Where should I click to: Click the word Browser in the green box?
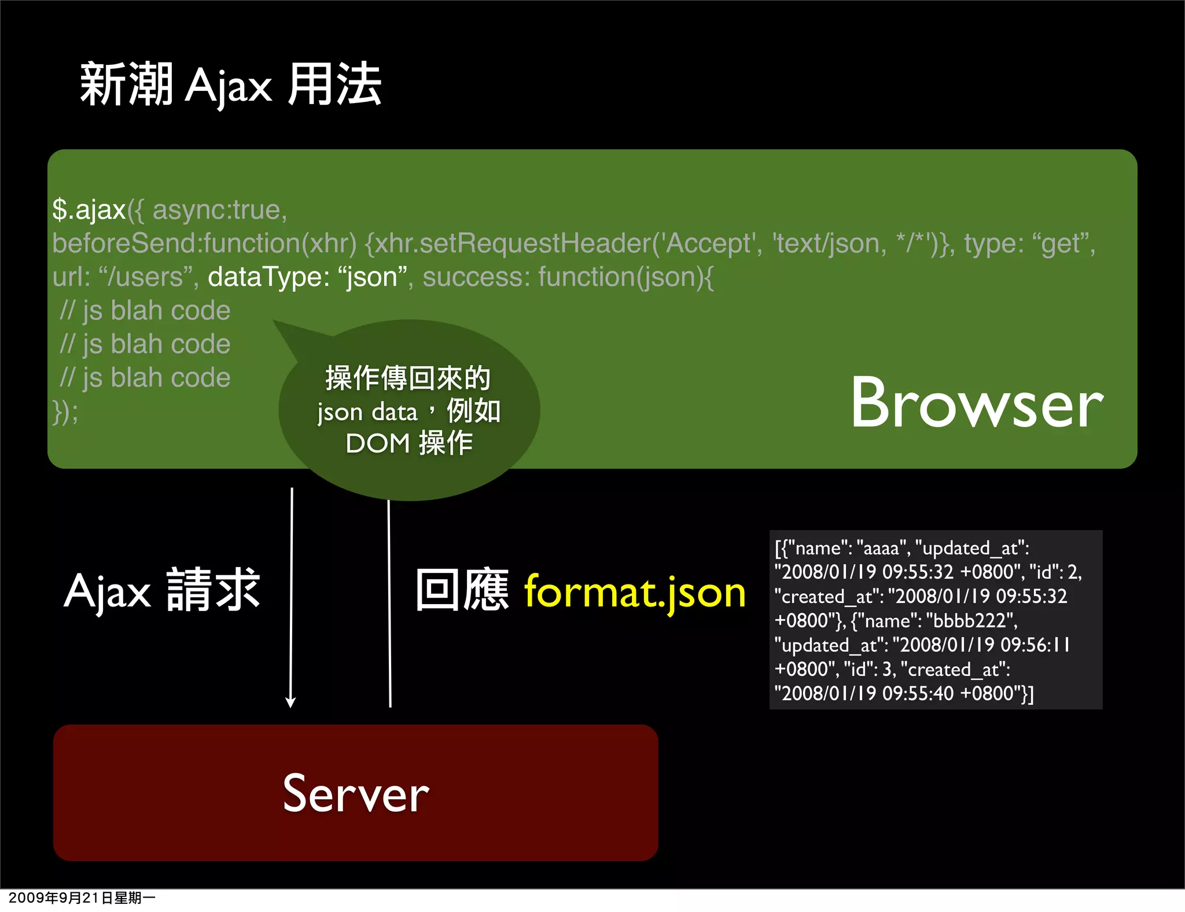pos(977,403)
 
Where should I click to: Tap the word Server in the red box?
pos(356,793)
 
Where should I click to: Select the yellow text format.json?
pos(635,593)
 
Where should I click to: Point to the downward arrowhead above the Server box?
pos(290,702)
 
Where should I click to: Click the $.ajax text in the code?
pos(89,209)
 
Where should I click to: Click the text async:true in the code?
pos(219,209)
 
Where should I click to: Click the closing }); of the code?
pos(65,412)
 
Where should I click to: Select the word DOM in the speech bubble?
pos(378,444)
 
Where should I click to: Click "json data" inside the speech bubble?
pos(367,412)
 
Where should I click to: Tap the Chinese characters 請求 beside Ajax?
pos(214,590)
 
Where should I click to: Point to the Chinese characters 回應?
pos(462,590)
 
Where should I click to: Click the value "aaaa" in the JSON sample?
pos(881,548)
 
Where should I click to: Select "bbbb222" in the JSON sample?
pos(971,621)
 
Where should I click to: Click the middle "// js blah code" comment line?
pos(145,344)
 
